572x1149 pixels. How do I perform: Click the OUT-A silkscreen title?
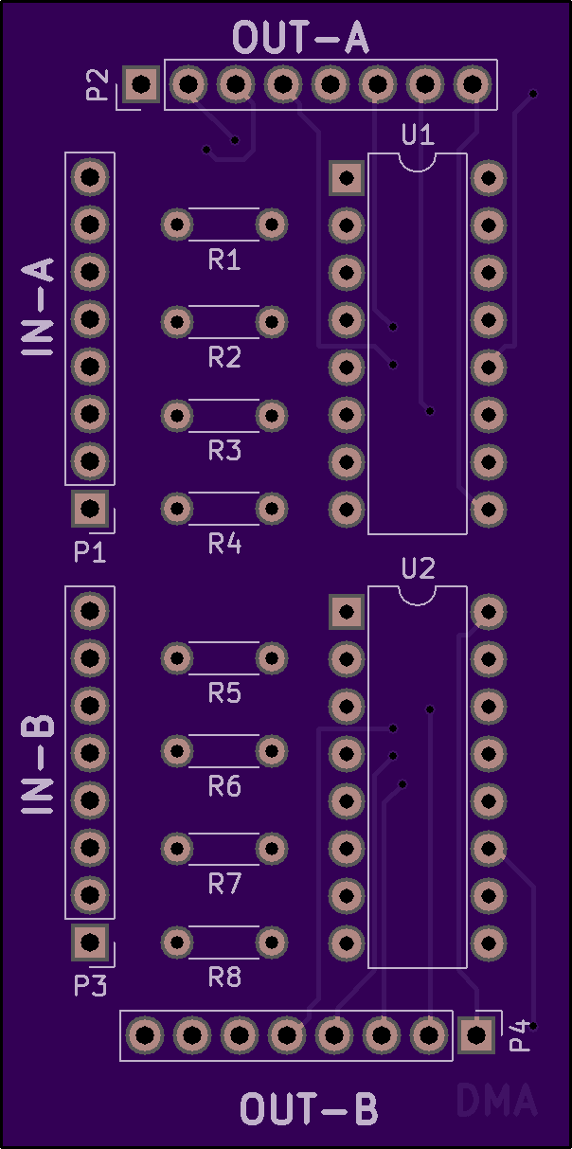click(300, 37)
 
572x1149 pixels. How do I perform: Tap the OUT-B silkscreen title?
click(309, 1109)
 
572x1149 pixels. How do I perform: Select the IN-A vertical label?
click(38, 307)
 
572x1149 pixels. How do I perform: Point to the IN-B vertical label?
click(38, 764)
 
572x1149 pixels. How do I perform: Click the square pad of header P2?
click(141, 84)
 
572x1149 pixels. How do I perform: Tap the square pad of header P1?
click(90, 509)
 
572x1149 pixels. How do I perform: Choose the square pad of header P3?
click(90, 942)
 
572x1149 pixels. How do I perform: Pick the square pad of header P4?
click(476, 1035)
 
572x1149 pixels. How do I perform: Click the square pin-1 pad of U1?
click(347, 178)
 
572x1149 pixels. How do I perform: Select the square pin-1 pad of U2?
click(347, 611)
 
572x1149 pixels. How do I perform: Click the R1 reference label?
click(224, 260)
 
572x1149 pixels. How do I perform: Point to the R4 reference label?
click(224, 544)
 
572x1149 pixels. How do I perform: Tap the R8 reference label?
click(224, 978)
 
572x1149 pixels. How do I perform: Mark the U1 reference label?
click(418, 135)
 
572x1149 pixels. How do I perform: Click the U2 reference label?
click(418, 568)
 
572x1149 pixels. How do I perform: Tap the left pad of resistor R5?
click(177, 658)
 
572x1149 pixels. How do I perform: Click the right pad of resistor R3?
click(272, 416)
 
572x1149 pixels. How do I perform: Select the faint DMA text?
click(496, 1100)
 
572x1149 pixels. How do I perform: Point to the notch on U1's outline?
click(417, 168)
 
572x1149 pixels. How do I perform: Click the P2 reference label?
click(98, 84)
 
